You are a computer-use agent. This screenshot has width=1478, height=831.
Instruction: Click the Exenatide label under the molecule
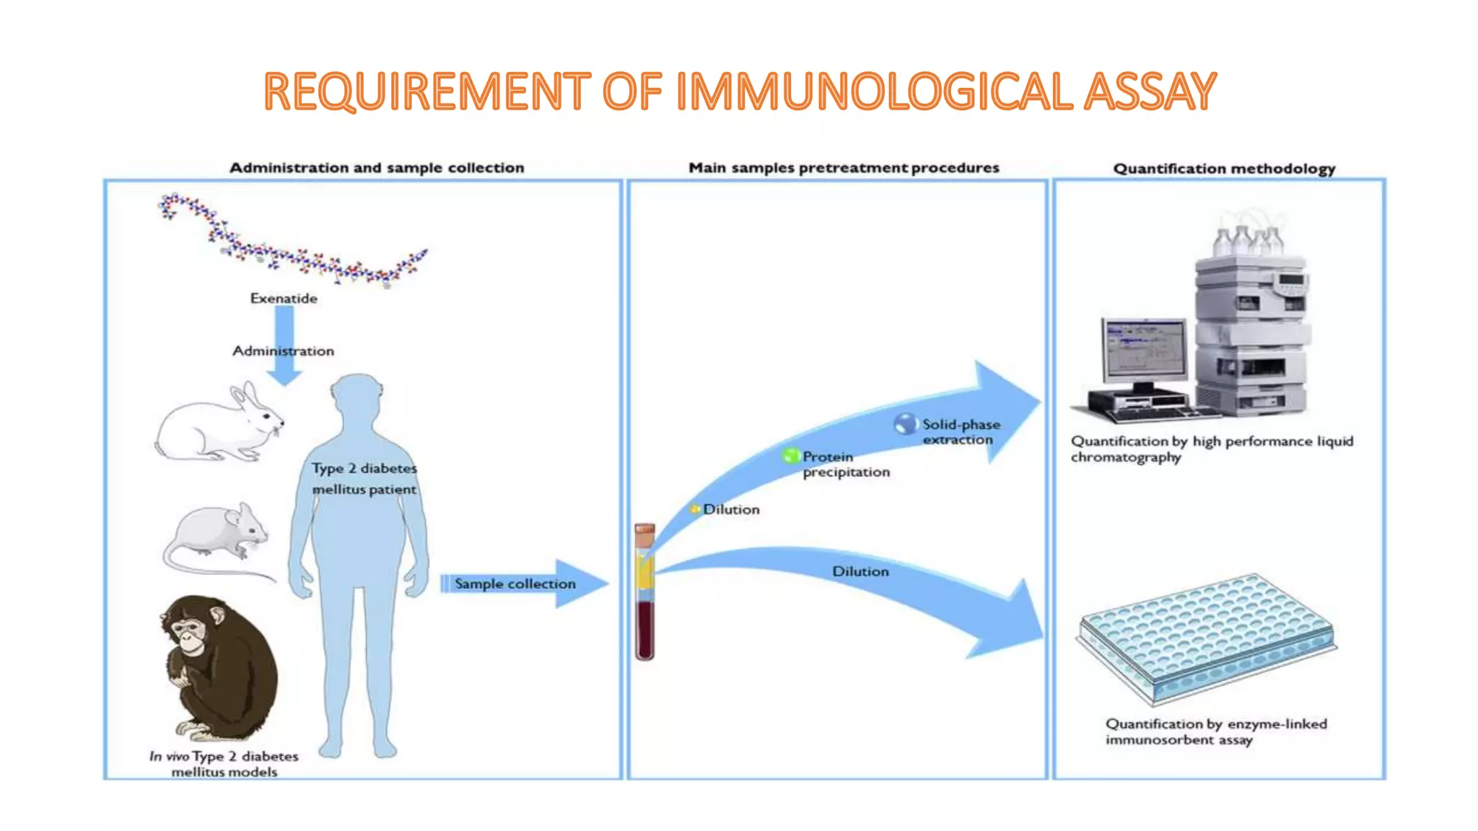[x=284, y=298]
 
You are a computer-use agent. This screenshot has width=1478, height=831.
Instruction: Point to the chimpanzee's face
[x=189, y=634]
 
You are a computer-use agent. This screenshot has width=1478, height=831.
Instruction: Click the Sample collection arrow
[x=523, y=584]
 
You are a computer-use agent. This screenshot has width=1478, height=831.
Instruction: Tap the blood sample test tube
[x=644, y=592]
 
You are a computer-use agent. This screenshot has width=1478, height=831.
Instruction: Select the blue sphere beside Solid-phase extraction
[x=905, y=423]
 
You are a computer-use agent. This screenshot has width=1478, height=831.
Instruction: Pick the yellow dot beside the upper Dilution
[x=695, y=509]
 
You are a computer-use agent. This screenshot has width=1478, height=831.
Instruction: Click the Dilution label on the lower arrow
[x=860, y=571]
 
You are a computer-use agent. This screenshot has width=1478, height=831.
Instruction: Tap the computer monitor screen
[x=1145, y=348]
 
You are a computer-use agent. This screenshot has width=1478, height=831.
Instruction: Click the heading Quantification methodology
[x=1224, y=169]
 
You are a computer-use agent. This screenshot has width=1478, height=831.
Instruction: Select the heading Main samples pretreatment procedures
[x=844, y=168]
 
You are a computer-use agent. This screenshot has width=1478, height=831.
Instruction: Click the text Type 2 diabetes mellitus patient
[x=364, y=478]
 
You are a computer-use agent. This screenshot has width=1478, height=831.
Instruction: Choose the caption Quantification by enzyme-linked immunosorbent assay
[x=1215, y=731]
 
